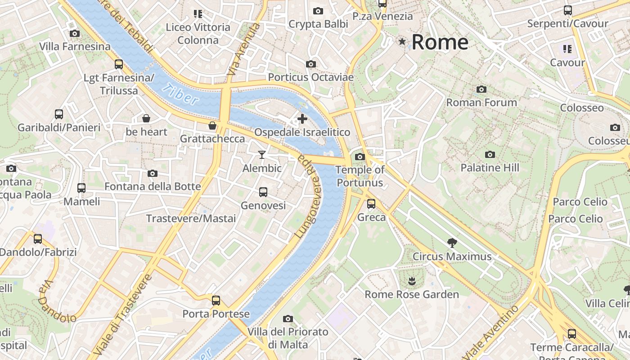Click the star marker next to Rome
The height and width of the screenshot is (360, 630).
coord(402,42)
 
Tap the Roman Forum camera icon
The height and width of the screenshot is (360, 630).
coord(481,90)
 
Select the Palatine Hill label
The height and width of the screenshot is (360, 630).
coord(490,168)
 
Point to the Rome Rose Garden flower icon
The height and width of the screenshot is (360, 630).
coord(411,282)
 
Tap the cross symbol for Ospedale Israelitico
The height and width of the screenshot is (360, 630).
coord(302,119)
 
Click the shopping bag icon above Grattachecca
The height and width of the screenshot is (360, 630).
coord(212,126)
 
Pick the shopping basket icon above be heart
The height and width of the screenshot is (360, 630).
coord(146,119)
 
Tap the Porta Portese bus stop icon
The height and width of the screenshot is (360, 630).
coord(216,301)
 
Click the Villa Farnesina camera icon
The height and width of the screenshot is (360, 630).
coord(75,34)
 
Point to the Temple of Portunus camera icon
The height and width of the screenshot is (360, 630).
coord(360,157)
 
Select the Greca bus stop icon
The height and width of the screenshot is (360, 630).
coord(371,204)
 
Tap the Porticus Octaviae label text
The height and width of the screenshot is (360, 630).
coord(310,77)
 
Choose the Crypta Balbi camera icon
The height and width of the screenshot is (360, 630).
coord(318,11)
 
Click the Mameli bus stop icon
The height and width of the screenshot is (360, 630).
coord(81,188)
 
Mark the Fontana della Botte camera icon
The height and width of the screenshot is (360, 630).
coord(153,174)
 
